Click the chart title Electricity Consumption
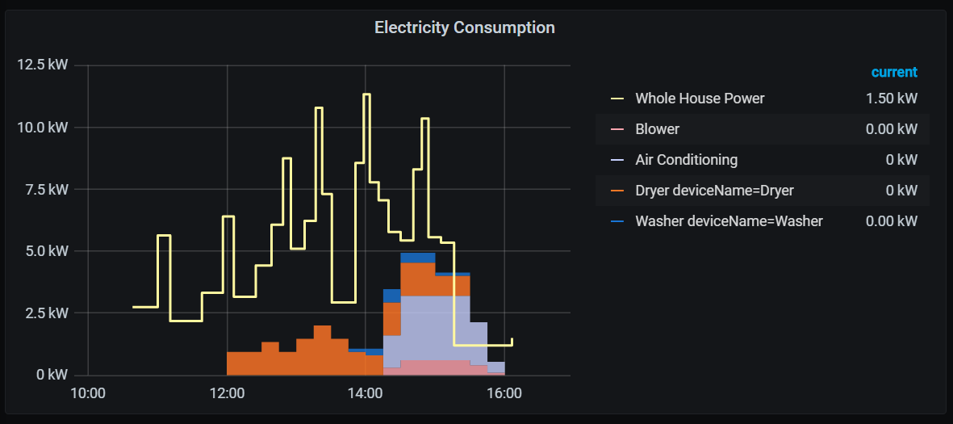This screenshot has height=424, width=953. click(x=464, y=27)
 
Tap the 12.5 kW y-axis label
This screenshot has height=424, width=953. click(x=42, y=65)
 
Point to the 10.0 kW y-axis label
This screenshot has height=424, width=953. click(x=42, y=127)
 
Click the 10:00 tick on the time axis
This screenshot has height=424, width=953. click(x=88, y=394)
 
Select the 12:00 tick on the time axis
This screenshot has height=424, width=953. click(x=227, y=394)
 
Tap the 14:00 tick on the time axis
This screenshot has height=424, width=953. click(x=365, y=394)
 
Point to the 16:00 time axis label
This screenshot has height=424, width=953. click(x=504, y=394)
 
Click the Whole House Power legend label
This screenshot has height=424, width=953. click(x=700, y=99)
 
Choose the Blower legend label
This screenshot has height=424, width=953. click(x=657, y=129)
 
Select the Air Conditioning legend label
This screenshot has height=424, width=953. click(x=686, y=160)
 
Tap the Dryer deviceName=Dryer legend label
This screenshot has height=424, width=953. click(x=714, y=191)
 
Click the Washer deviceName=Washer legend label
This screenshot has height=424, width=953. click(x=729, y=221)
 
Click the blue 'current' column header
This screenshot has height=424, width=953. click(x=894, y=72)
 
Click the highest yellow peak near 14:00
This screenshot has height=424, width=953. click(x=366, y=94)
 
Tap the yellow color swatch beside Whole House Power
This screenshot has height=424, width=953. click(x=617, y=99)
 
